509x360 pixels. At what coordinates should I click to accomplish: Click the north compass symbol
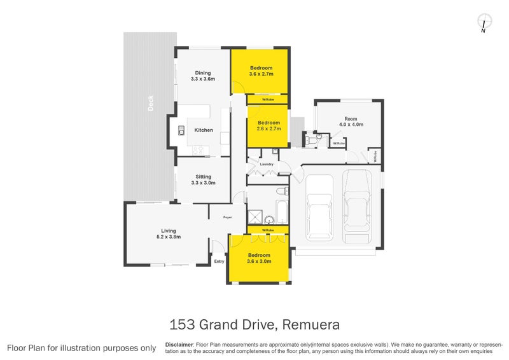pyautogui.click(x=484, y=22)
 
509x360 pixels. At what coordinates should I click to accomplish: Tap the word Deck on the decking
pyautogui.click(x=151, y=103)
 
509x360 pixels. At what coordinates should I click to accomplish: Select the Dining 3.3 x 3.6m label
pyautogui.click(x=203, y=76)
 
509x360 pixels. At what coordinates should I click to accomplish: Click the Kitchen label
pyautogui.click(x=204, y=130)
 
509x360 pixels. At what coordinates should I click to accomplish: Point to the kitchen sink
pyautogui.click(x=181, y=132)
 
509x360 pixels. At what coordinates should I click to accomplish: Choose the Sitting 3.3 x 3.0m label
pyautogui.click(x=203, y=180)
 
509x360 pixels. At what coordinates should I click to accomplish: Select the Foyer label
pyautogui.click(x=227, y=218)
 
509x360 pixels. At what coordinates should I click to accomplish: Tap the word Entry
pyautogui.click(x=220, y=261)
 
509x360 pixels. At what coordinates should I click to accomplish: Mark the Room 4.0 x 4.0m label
pyautogui.click(x=351, y=121)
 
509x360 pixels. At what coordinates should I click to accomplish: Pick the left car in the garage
pyautogui.click(x=317, y=210)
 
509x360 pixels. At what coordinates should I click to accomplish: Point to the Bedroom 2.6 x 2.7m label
pyautogui.click(x=268, y=126)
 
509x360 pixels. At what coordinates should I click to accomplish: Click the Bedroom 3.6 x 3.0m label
pyautogui.click(x=260, y=258)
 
